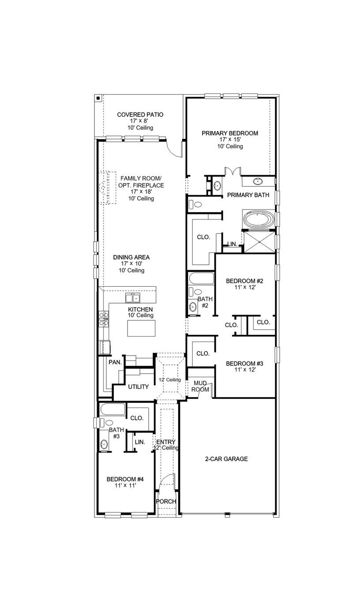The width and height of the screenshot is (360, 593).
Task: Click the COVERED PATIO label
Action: [x=140, y=115]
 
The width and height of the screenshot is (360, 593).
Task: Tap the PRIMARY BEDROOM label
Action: [x=230, y=133]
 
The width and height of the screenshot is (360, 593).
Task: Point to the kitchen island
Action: [x=141, y=328]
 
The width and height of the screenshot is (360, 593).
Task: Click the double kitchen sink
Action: [x=135, y=297]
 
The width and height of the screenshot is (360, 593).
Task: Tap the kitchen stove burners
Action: [x=103, y=319]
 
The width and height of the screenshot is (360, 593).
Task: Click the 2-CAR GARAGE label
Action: [x=226, y=459]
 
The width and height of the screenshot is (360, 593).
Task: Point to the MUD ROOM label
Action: [x=200, y=387]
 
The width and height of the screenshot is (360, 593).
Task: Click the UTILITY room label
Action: [x=138, y=387]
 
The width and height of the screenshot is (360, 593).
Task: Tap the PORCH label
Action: [x=166, y=501]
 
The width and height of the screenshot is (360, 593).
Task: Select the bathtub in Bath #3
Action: [x=112, y=409]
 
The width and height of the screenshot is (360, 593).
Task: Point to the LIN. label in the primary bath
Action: [x=232, y=244]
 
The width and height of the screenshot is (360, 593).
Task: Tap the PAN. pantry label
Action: [x=115, y=362]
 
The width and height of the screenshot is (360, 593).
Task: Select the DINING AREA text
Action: [x=131, y=257]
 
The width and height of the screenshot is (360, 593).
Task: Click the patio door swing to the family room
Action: [x=174, y=149]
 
